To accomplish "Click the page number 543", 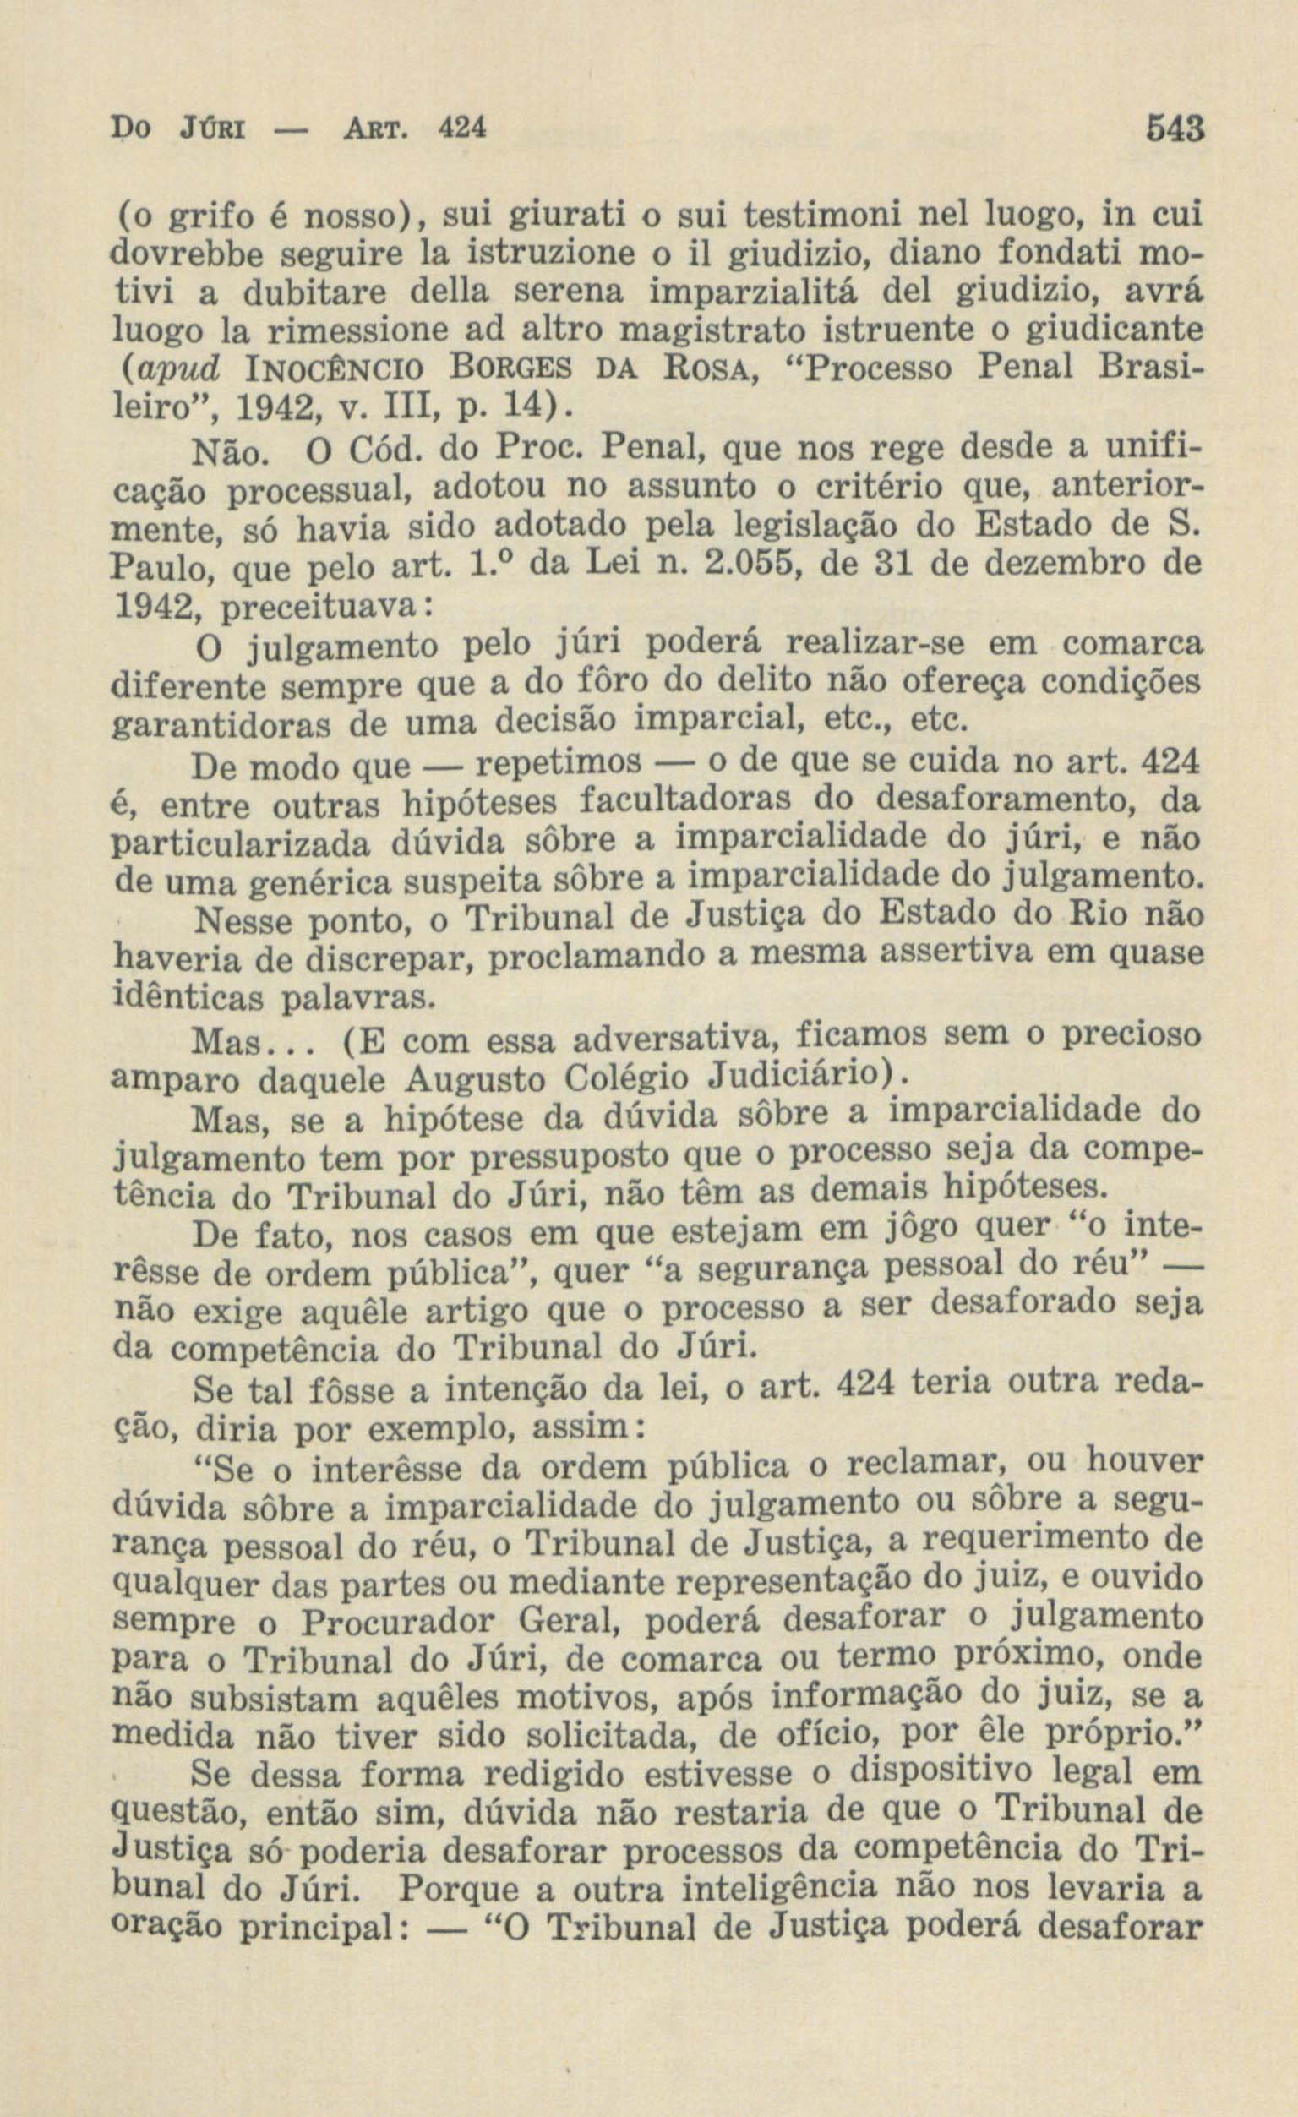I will pyautogui.click(x=1178, y=131).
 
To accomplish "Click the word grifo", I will pyautogui.click(x=202, y=215).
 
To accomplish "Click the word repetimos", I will pyautogui.click(x=558, y=761).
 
